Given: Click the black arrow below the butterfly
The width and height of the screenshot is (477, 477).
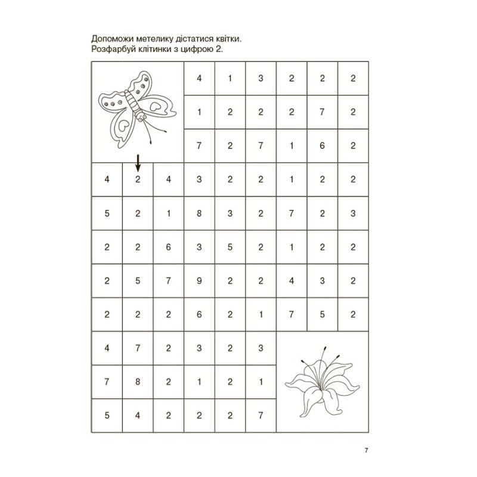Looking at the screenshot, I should (x=138, y=162).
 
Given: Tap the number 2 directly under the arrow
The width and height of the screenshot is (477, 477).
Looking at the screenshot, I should (x=138, y=179).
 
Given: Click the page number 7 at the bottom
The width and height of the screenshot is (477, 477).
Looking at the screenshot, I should (x=366, y=450).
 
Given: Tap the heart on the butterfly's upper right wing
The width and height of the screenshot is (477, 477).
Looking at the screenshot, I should (x=156, y=107).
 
